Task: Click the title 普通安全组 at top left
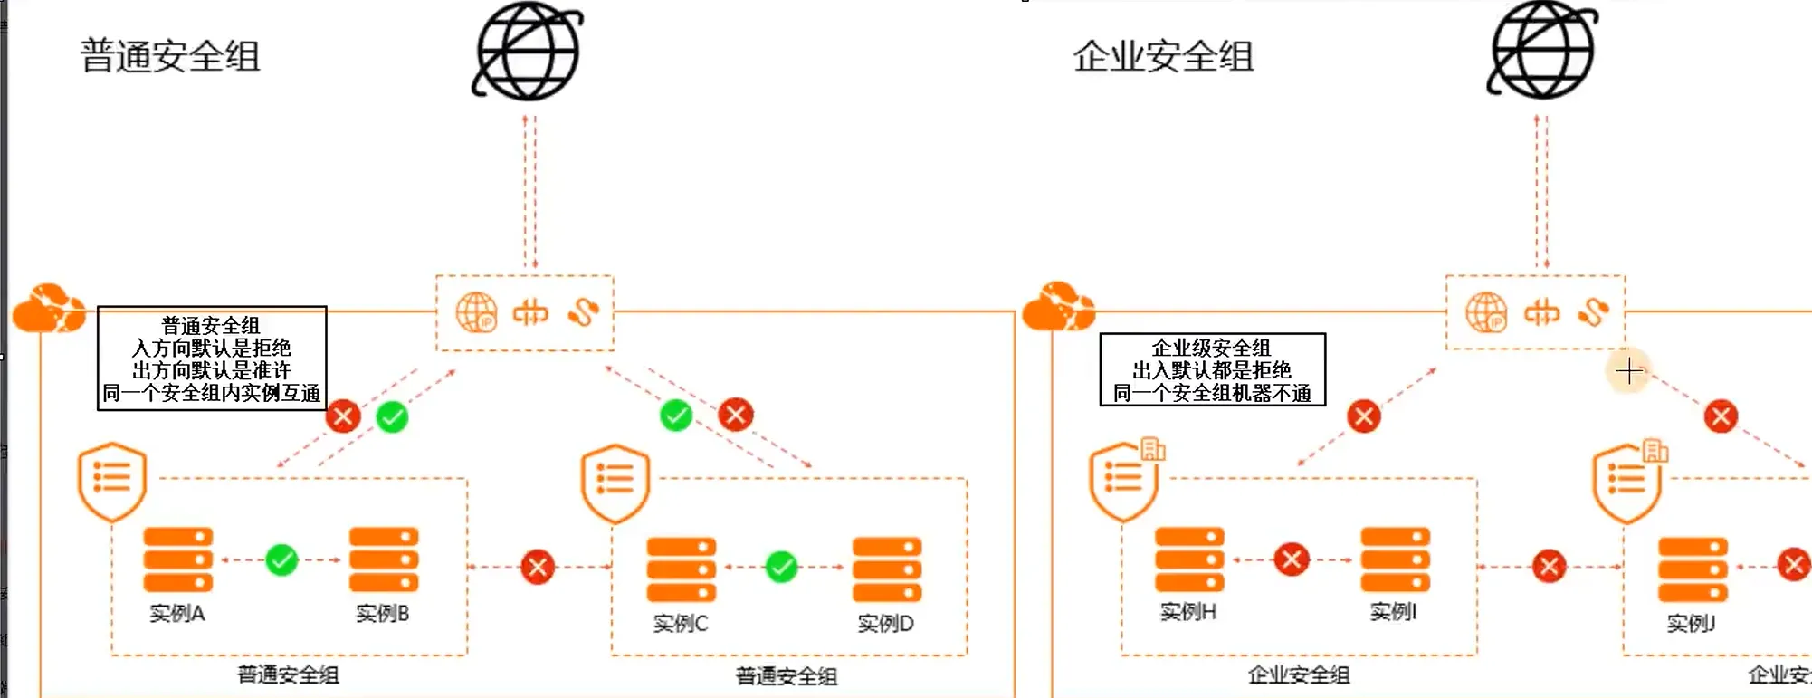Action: pos(170,56)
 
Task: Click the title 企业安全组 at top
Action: pos(1163,56)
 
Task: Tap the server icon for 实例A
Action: pos(178,559)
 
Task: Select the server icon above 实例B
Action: pos(384,559)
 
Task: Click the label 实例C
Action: pos(681,624)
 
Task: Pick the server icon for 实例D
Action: pos(887,569)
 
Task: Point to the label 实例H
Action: pos(1188,612)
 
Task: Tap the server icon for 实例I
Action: pos(1395,559)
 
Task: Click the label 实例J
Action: pos(1691,623)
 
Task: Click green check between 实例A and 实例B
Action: pos(281,560)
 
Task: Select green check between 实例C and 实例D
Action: pos(781,568)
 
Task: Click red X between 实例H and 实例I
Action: pos(1292,559)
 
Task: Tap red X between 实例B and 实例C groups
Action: pos(538,568)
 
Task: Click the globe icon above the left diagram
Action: pos(528,51)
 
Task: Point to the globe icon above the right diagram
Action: pos(1542,51)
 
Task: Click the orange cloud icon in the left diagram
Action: pos(49,309)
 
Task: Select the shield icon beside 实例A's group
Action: pos(112,481)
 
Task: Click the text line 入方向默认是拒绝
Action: pos(212,349)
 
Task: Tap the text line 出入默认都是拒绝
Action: pos(1212,370)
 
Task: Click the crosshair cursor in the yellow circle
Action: pos(1628,370)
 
